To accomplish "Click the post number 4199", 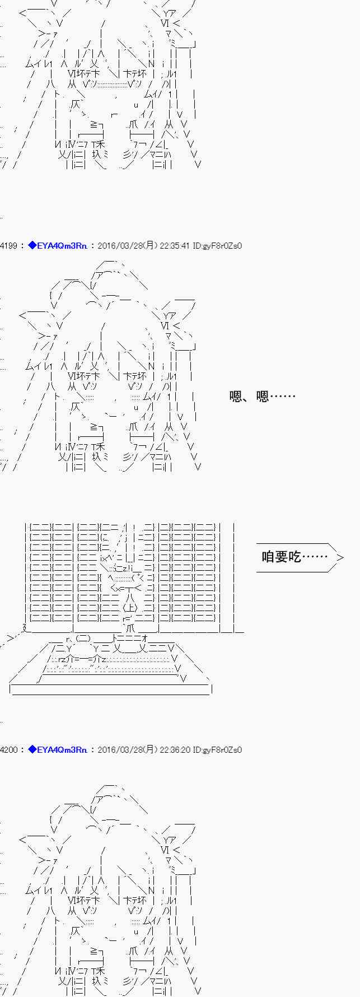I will pos(9,246).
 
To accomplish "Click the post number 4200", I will pos(9,750).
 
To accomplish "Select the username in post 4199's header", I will pos(62,246).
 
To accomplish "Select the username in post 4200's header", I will pos(62,750).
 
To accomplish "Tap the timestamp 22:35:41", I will pos(175,246).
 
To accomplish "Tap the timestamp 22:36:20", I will pos(175,750).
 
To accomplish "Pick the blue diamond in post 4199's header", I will pos(32,245).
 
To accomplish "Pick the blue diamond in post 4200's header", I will pos(32,749).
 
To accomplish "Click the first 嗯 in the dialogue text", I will pos(236,397).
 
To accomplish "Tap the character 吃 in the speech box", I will pos(295,557).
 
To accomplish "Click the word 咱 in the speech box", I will pos(268,557).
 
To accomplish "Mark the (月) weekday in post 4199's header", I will pos(150,246).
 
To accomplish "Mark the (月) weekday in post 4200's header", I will pos(150,750).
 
